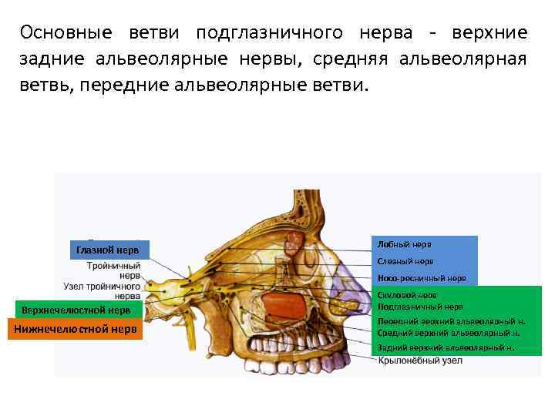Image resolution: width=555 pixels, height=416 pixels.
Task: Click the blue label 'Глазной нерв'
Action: coord(108,250)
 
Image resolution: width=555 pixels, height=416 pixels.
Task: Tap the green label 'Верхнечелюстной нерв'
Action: coord(76,310)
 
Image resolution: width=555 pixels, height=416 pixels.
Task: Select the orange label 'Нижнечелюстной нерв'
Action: coord(74,330)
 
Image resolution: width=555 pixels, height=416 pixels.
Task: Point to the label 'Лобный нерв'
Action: coord(405,244)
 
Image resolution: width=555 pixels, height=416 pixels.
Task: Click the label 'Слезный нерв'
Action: coord(405,261)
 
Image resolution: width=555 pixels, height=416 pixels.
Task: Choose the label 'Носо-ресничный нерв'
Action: coord(422,278)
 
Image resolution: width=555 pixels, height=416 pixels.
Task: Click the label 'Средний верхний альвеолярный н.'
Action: coord(449,333)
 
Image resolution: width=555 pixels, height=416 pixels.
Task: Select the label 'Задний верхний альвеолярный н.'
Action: coord(446,347)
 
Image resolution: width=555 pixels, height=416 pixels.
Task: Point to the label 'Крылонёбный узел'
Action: coord(420,361)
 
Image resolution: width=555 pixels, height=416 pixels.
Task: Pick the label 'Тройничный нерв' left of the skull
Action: coord(113,269)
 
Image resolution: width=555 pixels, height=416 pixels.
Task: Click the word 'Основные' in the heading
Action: coord(66,33)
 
